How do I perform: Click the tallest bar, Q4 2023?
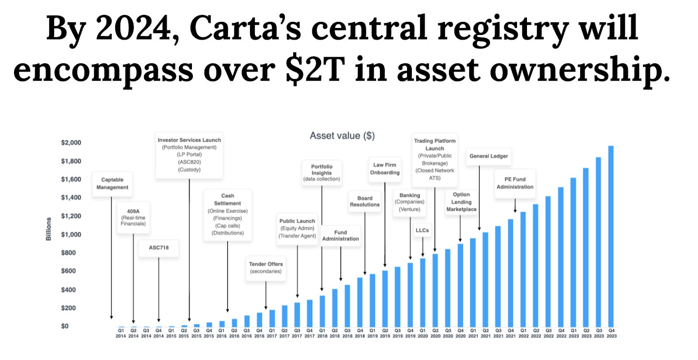click(x=611, y=236)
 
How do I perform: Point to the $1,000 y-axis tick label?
click(x=71, y=234)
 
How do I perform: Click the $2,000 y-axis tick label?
click(x=71, y=143)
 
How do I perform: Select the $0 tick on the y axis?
click(x=65, y=326)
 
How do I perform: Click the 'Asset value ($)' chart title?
click(x=342, y=136)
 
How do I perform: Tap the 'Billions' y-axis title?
click(x=48, y=229)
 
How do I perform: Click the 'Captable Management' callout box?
click(x=112, y=183)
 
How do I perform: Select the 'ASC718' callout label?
click(x=158, y=247)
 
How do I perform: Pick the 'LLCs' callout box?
click(x=422, y=230)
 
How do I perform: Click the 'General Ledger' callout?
click(x=489, y=156)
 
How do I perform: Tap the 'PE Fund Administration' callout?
click(x=515, y=183)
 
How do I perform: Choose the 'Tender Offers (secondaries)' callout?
click(x=266, y=267)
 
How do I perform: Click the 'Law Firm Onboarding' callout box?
click(x=385, y=168)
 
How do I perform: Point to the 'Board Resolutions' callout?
click(x=365, y=201)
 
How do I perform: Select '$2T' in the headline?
click(x=315, y=70)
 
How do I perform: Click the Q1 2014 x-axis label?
click(x=121, y=333)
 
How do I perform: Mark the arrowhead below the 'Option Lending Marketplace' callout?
click(x=460, y=240)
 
